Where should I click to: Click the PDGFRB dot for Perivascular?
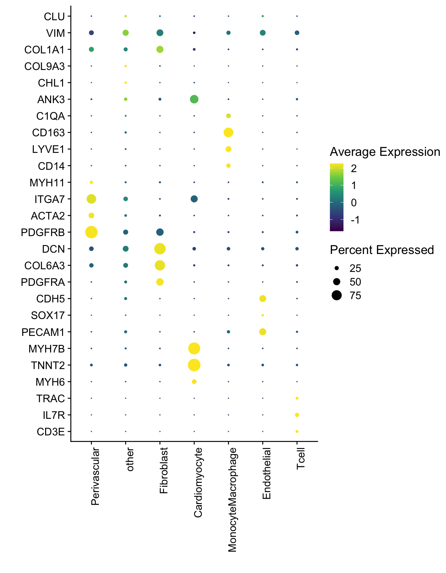[91, 232]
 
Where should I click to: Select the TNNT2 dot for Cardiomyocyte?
[194, 365]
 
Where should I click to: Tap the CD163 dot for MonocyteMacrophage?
[228, 133]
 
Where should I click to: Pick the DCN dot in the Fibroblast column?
[160, 249]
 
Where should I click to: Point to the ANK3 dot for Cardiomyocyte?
[194, 99]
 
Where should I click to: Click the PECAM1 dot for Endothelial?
[262, 332]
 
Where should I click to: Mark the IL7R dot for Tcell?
[297, 415]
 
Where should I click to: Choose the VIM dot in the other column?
[125, 33]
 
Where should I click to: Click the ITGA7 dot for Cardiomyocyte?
[194, 199]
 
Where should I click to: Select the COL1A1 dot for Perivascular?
[91, 49]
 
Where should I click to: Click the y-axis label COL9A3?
[44, 66]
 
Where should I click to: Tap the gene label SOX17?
[48, 315]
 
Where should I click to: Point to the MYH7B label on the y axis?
[46, 349]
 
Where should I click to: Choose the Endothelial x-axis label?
[266, 473]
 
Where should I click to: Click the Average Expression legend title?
[385, 152]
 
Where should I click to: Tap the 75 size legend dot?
[336, 295]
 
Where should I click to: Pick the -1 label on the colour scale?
[355, 220]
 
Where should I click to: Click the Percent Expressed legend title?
[382, 250]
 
